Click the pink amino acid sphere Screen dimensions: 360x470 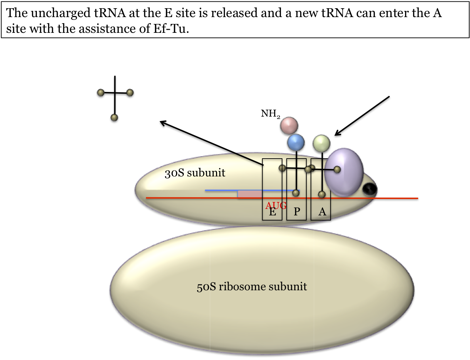coord(289,125)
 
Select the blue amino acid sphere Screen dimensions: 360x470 coord(296,142)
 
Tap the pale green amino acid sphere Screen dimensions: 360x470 coord(321,143)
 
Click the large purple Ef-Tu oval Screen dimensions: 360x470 coord(344,172)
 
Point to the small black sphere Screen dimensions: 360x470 coord(370,189)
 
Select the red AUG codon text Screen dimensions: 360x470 coord(276,205)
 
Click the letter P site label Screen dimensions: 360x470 coord(297,212)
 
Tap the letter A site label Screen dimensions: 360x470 coord(322,212)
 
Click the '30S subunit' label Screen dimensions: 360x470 coord(195,173)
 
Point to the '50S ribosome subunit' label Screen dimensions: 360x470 coord(252,286)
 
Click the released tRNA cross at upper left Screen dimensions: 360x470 coord(115,93)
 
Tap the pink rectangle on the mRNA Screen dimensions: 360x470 coord(250,194)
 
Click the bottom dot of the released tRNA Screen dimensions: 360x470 coord(115,118)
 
